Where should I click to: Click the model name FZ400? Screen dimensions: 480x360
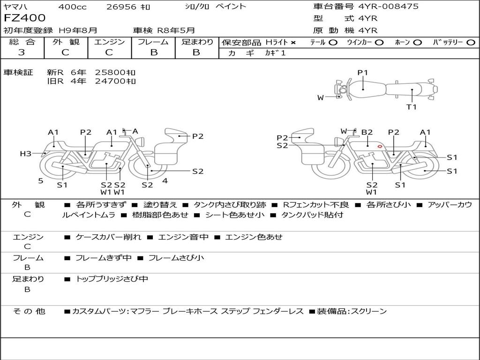coord(25,18)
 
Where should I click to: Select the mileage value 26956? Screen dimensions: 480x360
coord(121,7)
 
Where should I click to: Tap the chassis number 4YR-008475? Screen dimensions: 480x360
coord(389,7)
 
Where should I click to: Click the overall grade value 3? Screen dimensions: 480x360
coord(22,52)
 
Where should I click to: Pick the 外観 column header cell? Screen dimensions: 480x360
coord(66,42)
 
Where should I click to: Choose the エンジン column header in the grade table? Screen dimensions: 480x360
coord(109,42)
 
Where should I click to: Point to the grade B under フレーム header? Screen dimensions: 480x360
coord(153,52)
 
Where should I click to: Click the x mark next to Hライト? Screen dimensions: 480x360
coord(293,43)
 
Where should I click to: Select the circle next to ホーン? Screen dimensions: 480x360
coord(417,43)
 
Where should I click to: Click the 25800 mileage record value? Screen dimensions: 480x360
coord(115,73)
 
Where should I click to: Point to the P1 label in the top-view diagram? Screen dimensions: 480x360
coord(363,73)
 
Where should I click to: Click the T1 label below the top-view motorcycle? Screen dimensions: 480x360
coord(412,107)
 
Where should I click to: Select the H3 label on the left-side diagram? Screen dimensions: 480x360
coord(25,154)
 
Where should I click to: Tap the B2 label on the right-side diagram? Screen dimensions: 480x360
coord(367,133)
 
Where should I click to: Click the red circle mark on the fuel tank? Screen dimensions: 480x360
coord(379,147)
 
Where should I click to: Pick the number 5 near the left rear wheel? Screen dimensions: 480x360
coord(41,180)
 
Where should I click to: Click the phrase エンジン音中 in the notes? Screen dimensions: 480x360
coord(183,237)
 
